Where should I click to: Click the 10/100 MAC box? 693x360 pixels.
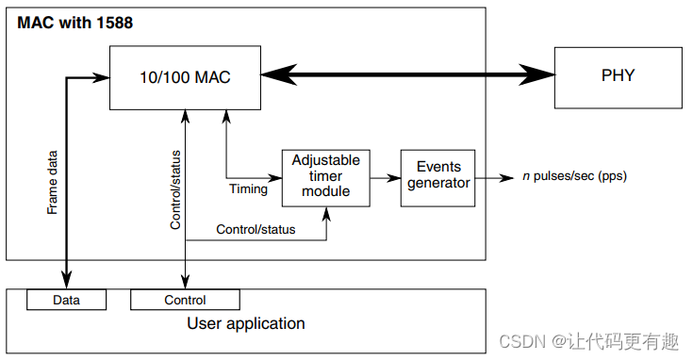[x=185, y=77]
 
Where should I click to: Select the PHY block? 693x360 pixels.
[x=619, y=77]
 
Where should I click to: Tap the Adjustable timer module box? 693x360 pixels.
[x=326, y=178]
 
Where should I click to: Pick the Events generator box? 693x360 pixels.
[x=438, y=178]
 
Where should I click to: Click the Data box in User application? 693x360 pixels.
[x=66, y=300]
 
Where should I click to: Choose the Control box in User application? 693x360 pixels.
[x=185, y=300]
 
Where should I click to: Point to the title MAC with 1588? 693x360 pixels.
[x=75, y=23]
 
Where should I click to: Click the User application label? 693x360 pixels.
[x=246, y=324]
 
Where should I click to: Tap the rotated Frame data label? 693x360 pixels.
[x=52, y=183]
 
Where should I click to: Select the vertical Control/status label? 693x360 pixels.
[x=175, y=190]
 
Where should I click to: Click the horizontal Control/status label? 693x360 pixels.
[x=256, y=229]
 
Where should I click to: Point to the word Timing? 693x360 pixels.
[x=248, y=189]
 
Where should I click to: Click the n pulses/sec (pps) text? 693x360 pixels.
[x=574, y=176]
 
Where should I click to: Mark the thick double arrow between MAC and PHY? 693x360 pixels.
[x=407, y=74]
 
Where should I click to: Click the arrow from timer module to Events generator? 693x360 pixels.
[x=386, y=178]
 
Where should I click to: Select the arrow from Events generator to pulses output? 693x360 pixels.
[x=495, y=178]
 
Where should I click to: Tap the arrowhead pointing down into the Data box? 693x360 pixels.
[x=66, y=281]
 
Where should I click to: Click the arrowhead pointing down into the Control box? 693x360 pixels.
[x=185, y=283]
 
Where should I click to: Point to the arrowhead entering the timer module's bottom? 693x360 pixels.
[x=326, y=214]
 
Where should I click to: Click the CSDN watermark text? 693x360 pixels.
[x=588, y=341]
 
